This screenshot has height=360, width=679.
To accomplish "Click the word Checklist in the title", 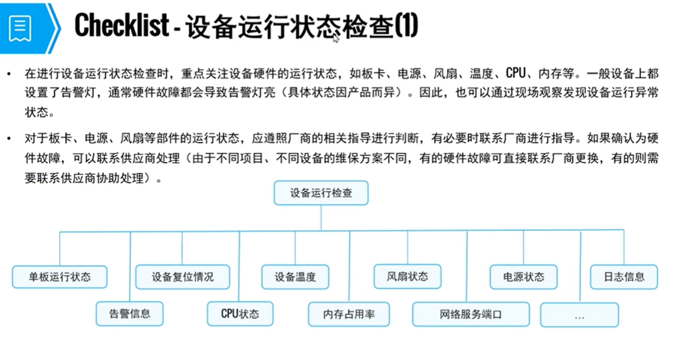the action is [x=122, y=25].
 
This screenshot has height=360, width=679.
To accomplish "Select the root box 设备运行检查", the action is [x=321, y=193].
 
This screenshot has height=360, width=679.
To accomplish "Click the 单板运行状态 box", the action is [x=60, y=277].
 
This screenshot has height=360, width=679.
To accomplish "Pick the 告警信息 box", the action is [x=130, y=314].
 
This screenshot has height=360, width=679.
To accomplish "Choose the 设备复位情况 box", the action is [x=182, y=277].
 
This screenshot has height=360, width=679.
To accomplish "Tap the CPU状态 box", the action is [x=240, y=314].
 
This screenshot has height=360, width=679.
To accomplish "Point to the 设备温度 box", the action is [x=295, y=277].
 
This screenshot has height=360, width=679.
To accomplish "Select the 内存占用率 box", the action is [x=349, y=315].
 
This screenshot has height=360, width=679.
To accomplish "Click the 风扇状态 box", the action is [x=408, y=276].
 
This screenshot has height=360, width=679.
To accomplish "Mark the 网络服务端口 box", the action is [x=471, y=315].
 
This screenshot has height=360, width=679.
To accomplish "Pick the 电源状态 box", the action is [x=524, y=277].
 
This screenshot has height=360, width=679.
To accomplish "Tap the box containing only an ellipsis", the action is [x=579, y=315].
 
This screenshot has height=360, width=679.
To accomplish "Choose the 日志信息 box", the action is [x=624, y=277].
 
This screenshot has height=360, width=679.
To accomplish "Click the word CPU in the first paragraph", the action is [x=516, y=73].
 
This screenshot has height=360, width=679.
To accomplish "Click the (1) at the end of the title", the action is [x=406, y=26].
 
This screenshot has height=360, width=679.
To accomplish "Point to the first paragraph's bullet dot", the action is [x=9, y=73].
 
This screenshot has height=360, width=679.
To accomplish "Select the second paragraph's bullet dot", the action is [x=9, y=139].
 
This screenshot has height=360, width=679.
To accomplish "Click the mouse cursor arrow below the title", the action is [x=337, y=39].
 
